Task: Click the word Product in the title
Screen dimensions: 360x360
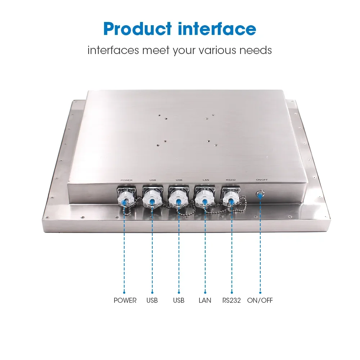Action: (137, 29)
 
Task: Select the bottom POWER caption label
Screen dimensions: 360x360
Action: (125, 300)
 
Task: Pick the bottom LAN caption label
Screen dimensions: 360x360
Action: (205, 300)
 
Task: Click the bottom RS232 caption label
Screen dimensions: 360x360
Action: (232, 300)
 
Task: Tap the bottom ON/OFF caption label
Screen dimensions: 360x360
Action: (260, 300)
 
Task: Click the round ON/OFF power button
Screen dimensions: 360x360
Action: (260, 195)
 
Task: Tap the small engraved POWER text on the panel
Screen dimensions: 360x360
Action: (127, 180)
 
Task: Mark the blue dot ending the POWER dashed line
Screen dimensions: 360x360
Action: (125, 292)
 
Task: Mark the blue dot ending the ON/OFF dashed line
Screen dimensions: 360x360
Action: (260, 292)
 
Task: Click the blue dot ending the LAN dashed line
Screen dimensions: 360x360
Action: (205, 292)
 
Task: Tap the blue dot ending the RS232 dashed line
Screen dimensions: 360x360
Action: (231, 292)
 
